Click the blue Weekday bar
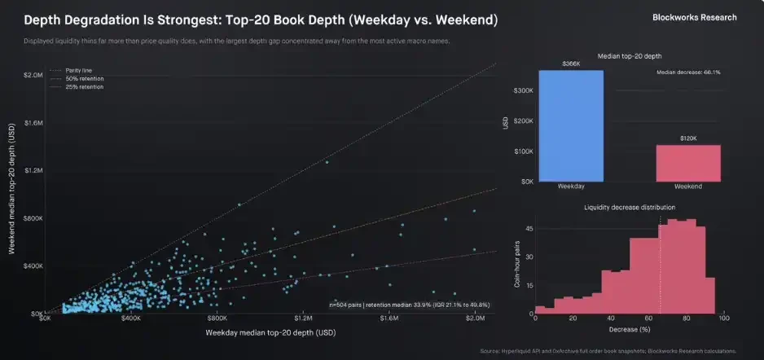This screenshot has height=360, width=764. coord(570,126)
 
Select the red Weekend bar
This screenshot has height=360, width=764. coord(688,163)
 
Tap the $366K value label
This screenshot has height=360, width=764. coord(570,64)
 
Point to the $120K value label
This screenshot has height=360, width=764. coord(688,138)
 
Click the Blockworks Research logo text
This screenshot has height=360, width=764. coord(695,17)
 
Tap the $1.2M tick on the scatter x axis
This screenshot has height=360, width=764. coord(303,320)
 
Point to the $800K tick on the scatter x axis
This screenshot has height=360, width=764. coord(217,320)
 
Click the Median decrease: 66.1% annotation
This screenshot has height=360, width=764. coord(688,72)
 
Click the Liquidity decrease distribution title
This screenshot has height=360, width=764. coord(629,208)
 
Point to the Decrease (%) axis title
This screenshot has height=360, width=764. coord(629,329)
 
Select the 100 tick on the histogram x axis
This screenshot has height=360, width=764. coord(723,318)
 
